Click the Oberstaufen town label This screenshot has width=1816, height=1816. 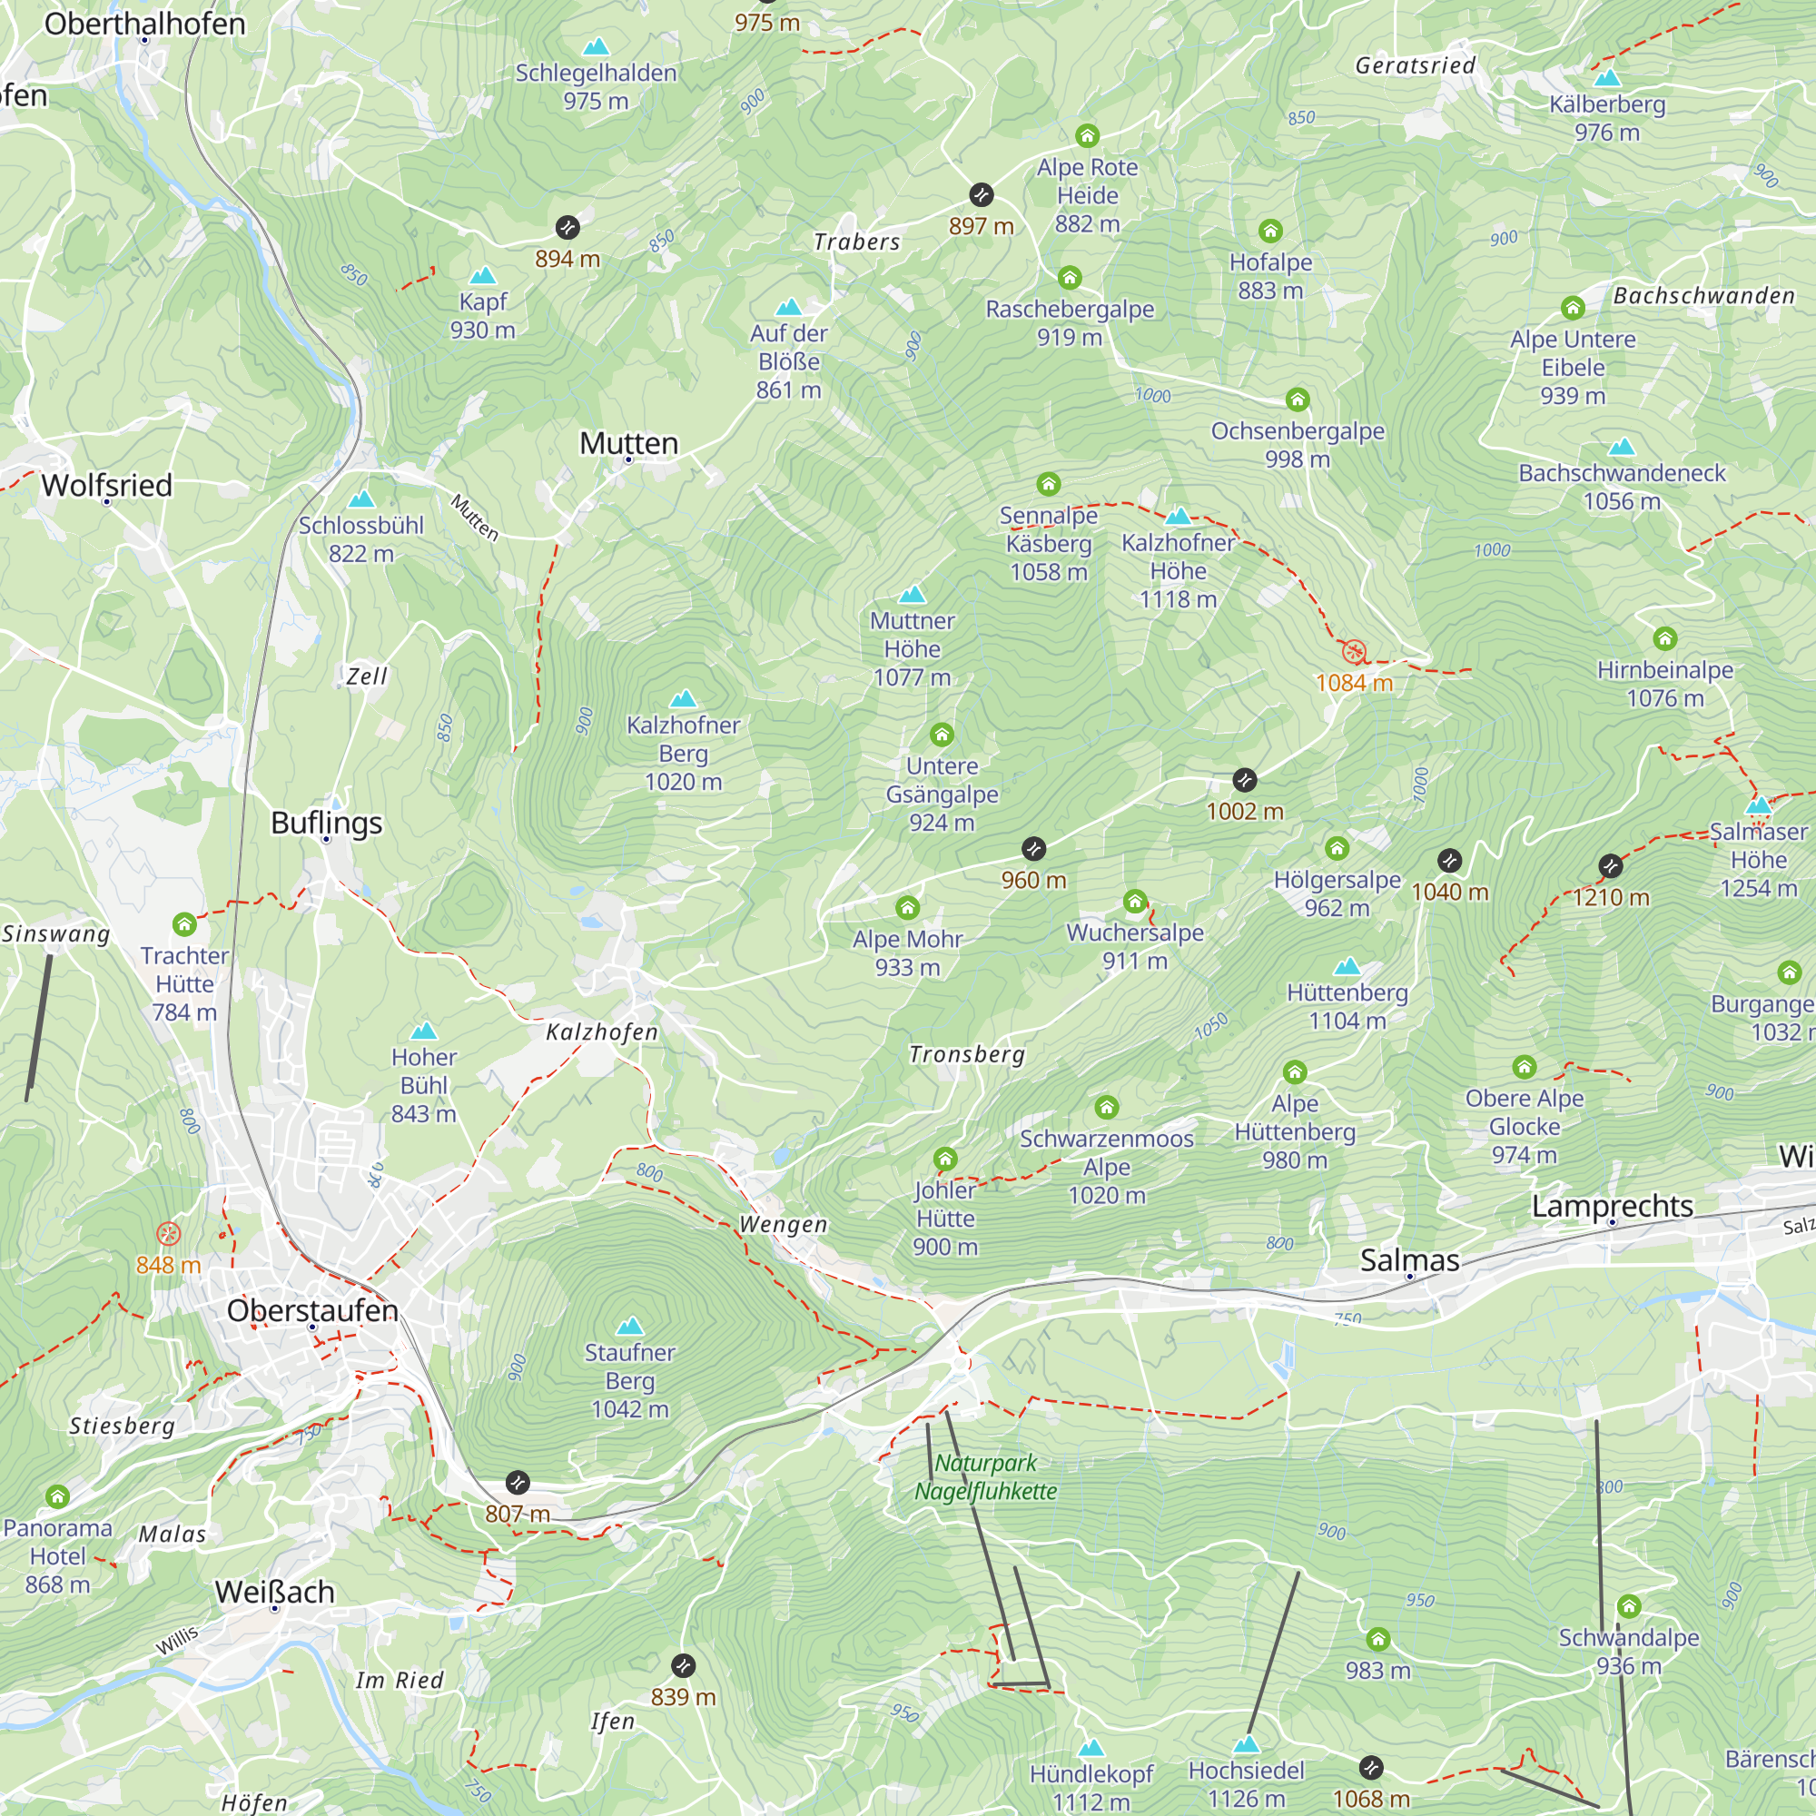(312, 1309)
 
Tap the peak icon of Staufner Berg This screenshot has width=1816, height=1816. (630, 1327)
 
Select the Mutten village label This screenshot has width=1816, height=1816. (628, 443)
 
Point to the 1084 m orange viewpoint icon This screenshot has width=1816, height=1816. (1354, 650)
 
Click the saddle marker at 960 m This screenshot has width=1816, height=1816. (1033, 849)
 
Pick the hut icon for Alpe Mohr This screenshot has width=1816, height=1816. (907, 907)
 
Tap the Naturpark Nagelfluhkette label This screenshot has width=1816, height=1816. (985, 1476)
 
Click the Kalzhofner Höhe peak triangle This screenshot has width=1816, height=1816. (1178, 515)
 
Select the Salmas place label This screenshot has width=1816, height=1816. (1409, 1259)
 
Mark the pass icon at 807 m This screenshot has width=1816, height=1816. (518, 1484)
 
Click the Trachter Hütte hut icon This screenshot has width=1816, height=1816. (184, 924)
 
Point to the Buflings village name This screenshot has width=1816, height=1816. (326, 823)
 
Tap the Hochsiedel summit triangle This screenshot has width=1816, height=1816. (1246, 1744)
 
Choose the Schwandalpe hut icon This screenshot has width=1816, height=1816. (1629, 1606)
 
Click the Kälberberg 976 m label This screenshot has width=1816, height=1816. (1606, 117)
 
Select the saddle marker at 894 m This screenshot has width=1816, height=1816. (567, 228)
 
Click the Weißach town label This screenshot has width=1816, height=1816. (274, 1592)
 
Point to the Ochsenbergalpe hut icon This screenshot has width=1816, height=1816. (1298, 400)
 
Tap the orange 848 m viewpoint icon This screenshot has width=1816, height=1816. (168, 1233)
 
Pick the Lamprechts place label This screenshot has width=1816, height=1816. (1612, 1205)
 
